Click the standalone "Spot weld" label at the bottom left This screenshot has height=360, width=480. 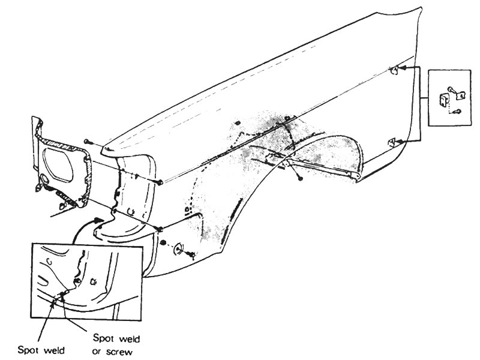(41, 350)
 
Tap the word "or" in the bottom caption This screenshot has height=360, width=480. (97, 352)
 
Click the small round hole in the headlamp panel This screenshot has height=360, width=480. (44, 178)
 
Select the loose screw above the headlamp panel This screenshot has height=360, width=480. (88, 141)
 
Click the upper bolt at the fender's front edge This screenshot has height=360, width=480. (160, 182)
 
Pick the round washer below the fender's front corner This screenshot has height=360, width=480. (178, 249)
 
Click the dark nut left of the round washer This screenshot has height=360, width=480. (163, 243)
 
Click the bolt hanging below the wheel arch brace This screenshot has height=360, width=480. (300, 178)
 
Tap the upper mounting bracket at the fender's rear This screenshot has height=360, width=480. (394, 70)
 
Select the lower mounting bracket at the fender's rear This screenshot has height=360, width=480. (392, 143)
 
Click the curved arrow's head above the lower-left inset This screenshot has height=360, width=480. (98, 220)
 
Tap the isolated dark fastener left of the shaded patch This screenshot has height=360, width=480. (238, 123)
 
